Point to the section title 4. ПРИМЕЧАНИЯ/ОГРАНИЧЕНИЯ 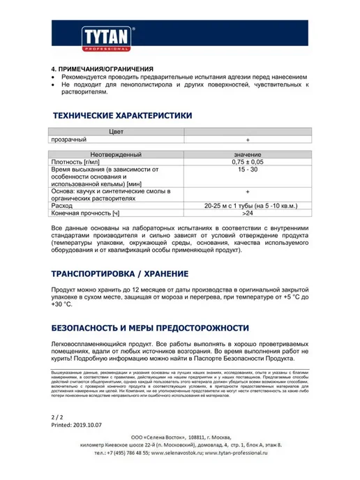click(103, 69)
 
